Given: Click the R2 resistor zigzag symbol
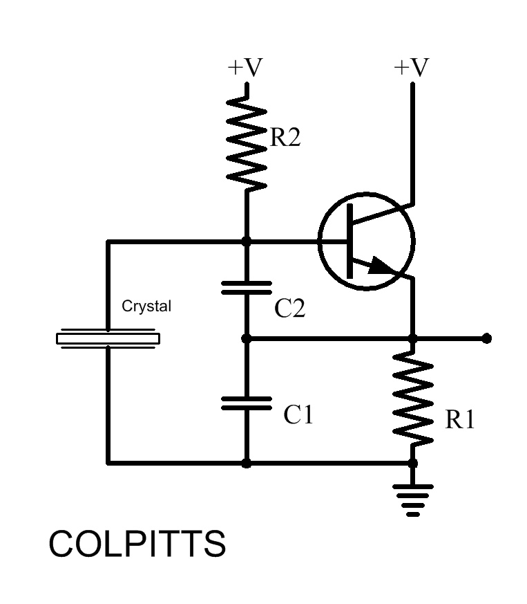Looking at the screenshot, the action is click(x=247, y=143).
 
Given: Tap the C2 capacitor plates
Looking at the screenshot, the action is click(x=247, y=288).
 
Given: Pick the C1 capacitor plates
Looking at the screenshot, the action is click(x=247, y=403).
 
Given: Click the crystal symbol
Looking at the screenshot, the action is click(x=108, y=338).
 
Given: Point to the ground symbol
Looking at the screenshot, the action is click(x=413, y=500).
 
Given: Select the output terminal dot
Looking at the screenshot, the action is click(x=487, y=338).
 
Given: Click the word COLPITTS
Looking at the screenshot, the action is click(x=137, y=543).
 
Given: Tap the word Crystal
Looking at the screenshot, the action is click(x=146, y=306).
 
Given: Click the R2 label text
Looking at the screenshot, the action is click(x=285, y=137).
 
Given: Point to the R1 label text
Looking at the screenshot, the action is click(x=460, y=419).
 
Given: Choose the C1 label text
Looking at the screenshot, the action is click(x=298, y=415).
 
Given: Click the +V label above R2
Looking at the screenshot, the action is click(x=245, y=67).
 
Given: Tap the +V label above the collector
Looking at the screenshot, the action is click(x=411, y=67).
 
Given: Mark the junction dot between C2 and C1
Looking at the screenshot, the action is click(x=247, y=338).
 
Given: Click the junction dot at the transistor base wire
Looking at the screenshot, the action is click(x=247, y=241).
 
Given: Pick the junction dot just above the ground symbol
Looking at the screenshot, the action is click(x=413, y=463).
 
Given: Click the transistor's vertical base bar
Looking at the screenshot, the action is click(x=349, y=241).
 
